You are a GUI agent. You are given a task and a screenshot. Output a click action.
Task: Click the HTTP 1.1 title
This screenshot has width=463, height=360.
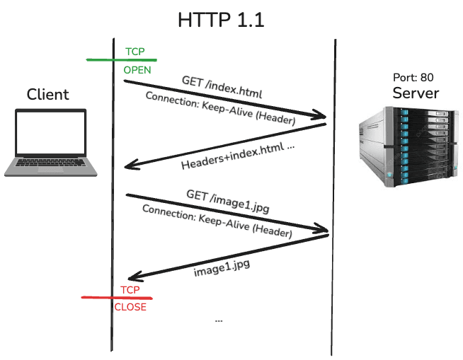(220, 20)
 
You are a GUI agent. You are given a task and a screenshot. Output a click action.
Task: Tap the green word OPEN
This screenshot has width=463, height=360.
(137, 71)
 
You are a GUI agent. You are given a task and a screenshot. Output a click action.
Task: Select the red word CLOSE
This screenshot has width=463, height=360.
(130, 307)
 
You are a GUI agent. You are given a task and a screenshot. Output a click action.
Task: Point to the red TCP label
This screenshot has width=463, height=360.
(130, 290)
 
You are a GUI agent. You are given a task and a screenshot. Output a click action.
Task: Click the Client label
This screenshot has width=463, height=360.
(48, 95)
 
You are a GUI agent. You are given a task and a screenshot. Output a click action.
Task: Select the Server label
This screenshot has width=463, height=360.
(416, 93)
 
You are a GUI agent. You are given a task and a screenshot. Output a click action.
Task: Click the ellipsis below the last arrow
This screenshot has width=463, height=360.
(218, 320)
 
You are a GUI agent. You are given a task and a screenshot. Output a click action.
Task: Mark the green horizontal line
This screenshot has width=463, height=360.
(120, 60)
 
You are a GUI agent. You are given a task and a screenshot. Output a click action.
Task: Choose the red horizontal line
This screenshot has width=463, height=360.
(117, 298)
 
